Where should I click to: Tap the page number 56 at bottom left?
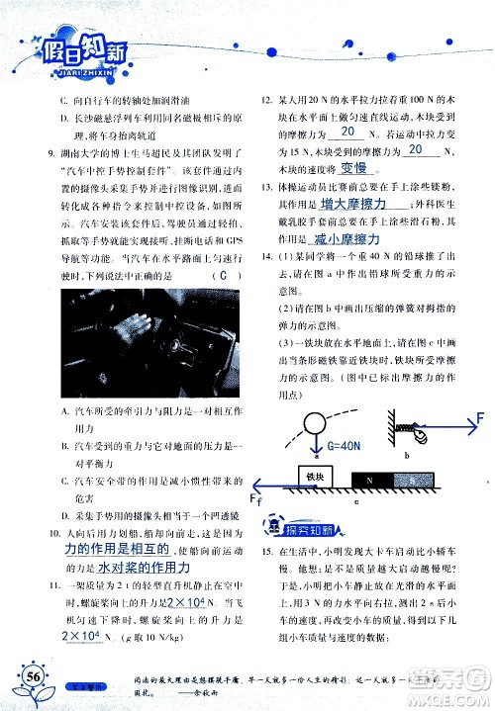[34, 676]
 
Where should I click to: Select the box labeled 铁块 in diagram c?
[316, 478]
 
